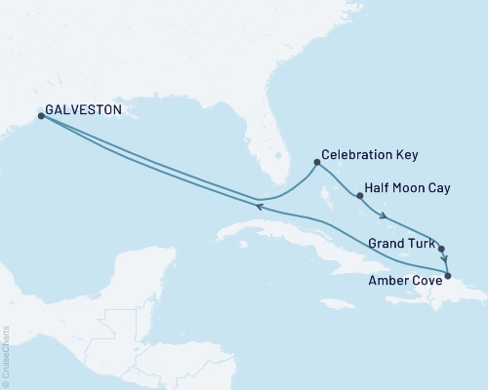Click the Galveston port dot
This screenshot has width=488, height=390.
point(41,116)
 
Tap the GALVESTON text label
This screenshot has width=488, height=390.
point(82,111)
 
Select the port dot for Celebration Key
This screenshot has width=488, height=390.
point(317,163)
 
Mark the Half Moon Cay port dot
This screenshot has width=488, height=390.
point(360,196)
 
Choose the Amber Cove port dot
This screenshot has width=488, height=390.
point(448,276)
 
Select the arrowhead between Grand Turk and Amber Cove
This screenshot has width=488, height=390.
point(445,261)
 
